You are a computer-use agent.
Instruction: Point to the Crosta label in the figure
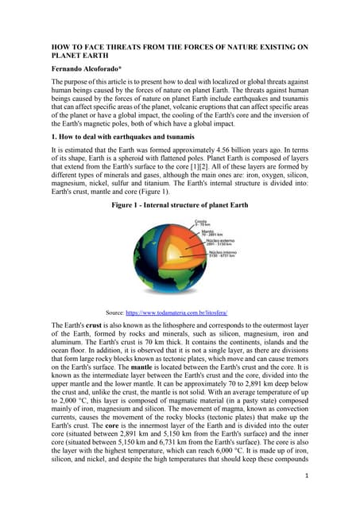pyautogui.click(x=195, y=220)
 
